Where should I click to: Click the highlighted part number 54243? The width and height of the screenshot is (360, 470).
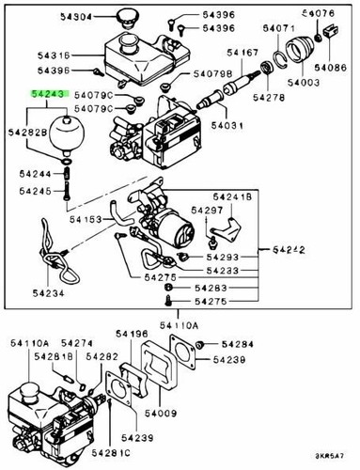(x=48, y=95)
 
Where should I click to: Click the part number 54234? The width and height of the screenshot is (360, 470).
(x=48, y=294)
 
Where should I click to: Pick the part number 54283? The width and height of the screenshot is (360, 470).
(x=211, y=288)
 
